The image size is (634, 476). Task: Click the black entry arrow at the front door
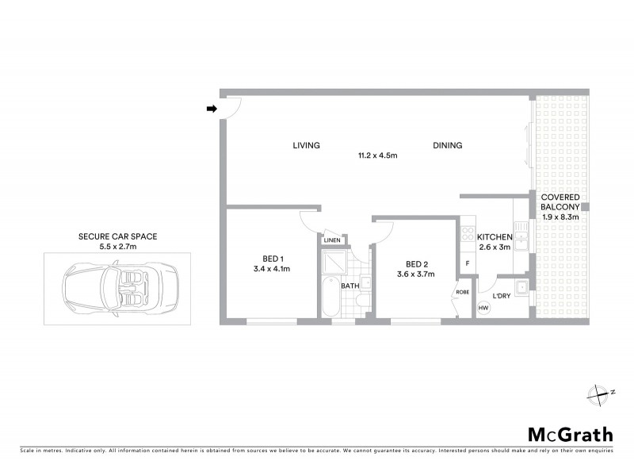click(212, 109)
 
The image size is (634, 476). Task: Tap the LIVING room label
click(306, 145)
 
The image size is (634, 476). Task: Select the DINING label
click(447, 145)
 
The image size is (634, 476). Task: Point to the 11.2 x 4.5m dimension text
click(376, 155)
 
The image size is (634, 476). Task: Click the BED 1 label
click(273, 258)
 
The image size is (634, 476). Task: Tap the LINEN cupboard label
click(331, 240)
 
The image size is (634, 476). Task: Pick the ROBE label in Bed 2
click(463, 292)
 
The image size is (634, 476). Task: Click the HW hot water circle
click(483, 307)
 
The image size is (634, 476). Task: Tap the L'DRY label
click(501, 296)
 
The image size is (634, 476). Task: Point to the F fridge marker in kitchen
click(468, 263)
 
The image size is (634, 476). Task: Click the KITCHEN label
click(495, 237)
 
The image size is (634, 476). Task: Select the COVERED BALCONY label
click(560, 202)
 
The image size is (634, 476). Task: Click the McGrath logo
click(570, 434)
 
